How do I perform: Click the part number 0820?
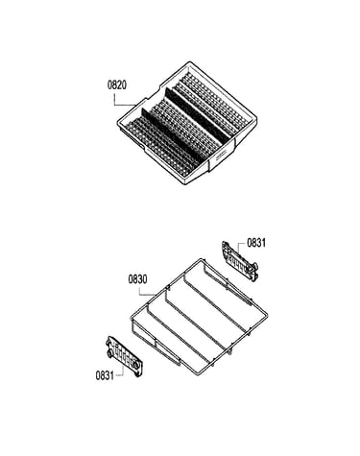click(x=117, y=85)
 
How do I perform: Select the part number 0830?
click(x=138, y=279)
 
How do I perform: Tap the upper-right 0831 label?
click(x=256, y=243)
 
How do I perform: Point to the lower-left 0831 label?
click(x=105, y=375)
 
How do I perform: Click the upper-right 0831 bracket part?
click(x=240, y=261)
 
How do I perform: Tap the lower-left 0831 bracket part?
click(x=125, y=356)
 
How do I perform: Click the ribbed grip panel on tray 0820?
click(x=221, y=157)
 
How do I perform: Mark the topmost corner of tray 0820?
click(x=189, y=61)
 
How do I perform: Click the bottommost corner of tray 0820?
click(x=186, y=184)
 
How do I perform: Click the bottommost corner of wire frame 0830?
click(x=196, y=373)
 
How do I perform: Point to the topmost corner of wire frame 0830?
click(x=202, y=258)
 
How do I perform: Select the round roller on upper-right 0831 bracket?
click(x=255, y=266)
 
